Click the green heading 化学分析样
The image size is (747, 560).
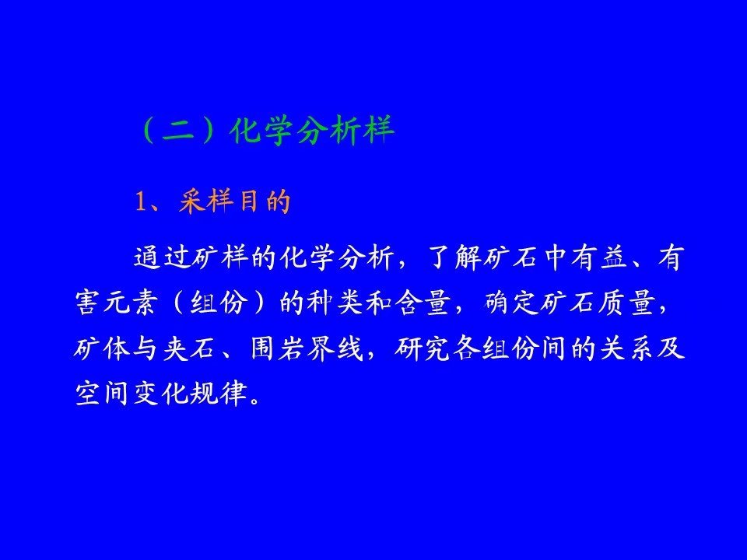(312, 130)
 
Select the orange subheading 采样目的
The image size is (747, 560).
(234, 201)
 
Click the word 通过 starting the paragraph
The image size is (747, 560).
(162, 258)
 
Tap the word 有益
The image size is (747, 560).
(600, 258)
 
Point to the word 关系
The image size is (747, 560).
(627, 348)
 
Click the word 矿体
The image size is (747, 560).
(102, 348)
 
